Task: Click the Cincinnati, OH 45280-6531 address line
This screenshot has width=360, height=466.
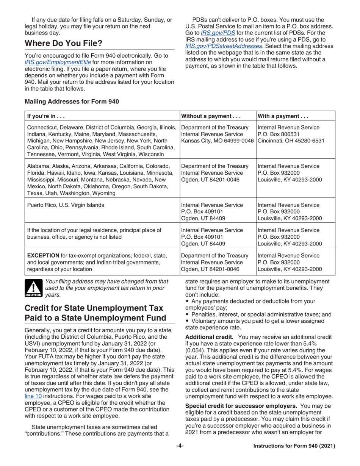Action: (x=290, y=140)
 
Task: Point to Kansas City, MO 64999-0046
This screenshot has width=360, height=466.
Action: (x=217, y=140)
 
